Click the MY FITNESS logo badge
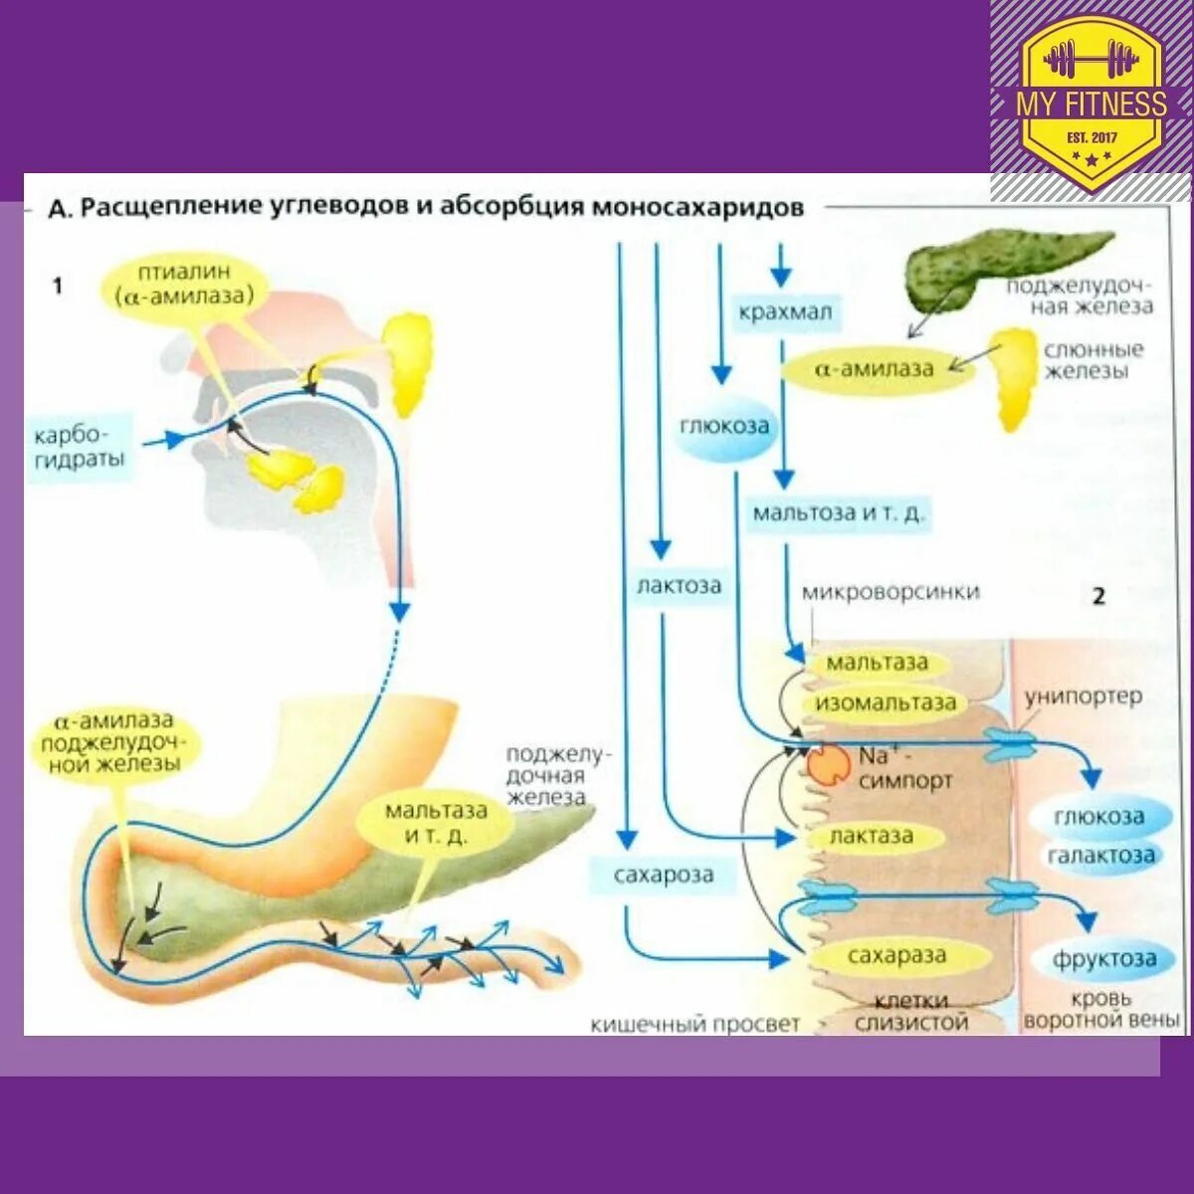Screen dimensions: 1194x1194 point(1092,100)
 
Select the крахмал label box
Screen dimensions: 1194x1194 point(785,312)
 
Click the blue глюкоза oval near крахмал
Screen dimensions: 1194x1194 point(725,426)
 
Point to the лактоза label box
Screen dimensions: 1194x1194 point(679,585)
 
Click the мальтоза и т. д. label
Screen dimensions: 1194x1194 point(839,514)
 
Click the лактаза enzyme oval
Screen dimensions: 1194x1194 point(872,837)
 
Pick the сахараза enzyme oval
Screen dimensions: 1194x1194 point(896,957)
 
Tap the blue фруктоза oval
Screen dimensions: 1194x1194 point(1105,959)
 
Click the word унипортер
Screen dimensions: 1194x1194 point(1084,696)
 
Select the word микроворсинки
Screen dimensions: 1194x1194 point(891,592)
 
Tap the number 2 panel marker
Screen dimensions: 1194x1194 point(1098,596)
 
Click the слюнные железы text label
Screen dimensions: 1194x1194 point(1094,360)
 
